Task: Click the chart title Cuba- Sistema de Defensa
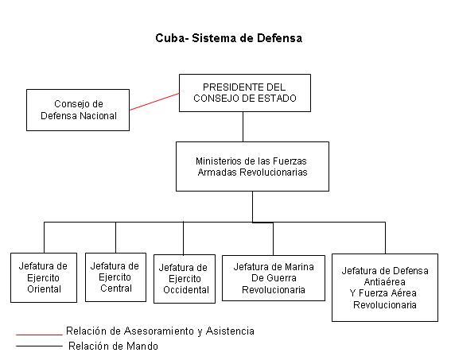click(x=228, y=38)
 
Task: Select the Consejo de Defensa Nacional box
click(x=78, y=110)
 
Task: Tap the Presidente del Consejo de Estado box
click(x=245, y=93)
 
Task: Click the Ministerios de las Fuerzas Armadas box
click(x=252, y=166)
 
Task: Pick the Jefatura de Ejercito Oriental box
click(x=44, y=277)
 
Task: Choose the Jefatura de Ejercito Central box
click(x=115, y=277)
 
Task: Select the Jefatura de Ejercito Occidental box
click(x=185, y=279)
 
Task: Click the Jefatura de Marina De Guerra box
click(x=274, y=278)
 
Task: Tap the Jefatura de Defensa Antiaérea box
click(x=385, y=288)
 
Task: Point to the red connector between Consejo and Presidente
click(x=154, y=102)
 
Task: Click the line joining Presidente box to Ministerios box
click(x=243, y=126)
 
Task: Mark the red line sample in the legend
click(x=39, y=335)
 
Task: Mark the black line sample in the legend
click(x=39, y=346)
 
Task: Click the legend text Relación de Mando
click(x=113, y=346)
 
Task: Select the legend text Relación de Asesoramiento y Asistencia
click(x=160, y=331)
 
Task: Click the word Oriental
click(x=44, y=289)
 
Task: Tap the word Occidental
click(x=186, y=290)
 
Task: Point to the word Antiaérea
click(x=384, y=282)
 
